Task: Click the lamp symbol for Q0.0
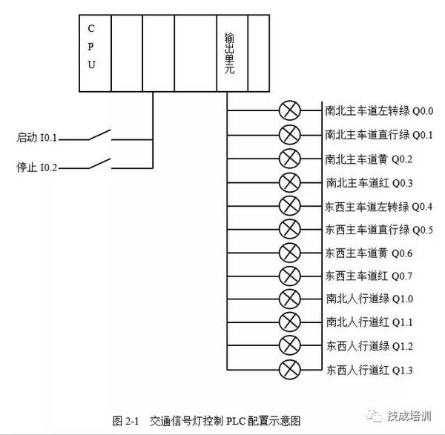point(289,112)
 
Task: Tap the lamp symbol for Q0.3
point(289,182)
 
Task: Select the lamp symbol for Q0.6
point(289,252)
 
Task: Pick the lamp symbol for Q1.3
point(289,369)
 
